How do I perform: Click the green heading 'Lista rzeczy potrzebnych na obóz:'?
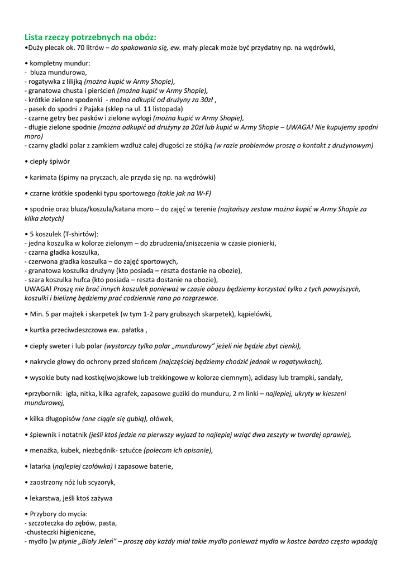click(x=90, y=37)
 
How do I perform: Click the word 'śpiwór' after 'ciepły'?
click(x=60, y=161)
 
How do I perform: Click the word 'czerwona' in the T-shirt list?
click(x=42, y=261)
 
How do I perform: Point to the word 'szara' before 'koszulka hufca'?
click(x=37, y=279)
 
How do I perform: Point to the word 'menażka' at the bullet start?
click(x=44, y=450)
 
